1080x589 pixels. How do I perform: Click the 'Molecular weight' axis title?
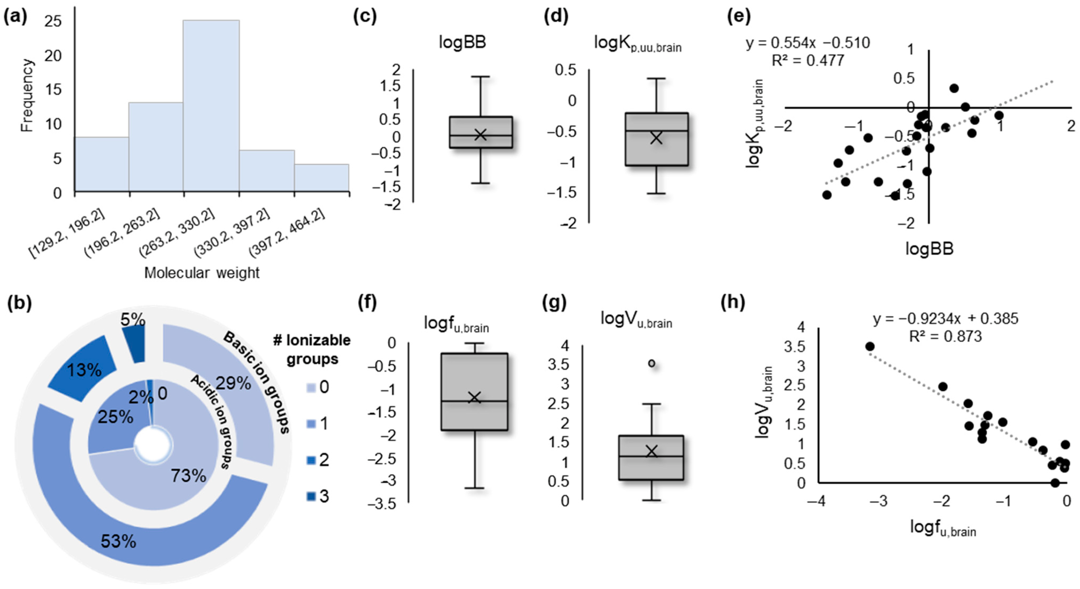coord(202,273)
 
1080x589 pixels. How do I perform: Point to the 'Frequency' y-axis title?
coord(27,96)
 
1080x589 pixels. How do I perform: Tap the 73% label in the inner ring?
coord(188,476)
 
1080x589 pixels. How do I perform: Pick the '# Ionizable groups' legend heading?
coord(312,349)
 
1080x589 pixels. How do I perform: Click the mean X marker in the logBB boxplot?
coord(480,135)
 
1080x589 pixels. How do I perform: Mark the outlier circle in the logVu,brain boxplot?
coord(652,363)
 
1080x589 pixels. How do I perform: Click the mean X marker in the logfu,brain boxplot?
coord(474,397)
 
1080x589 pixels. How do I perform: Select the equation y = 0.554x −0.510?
coord(807,43)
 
